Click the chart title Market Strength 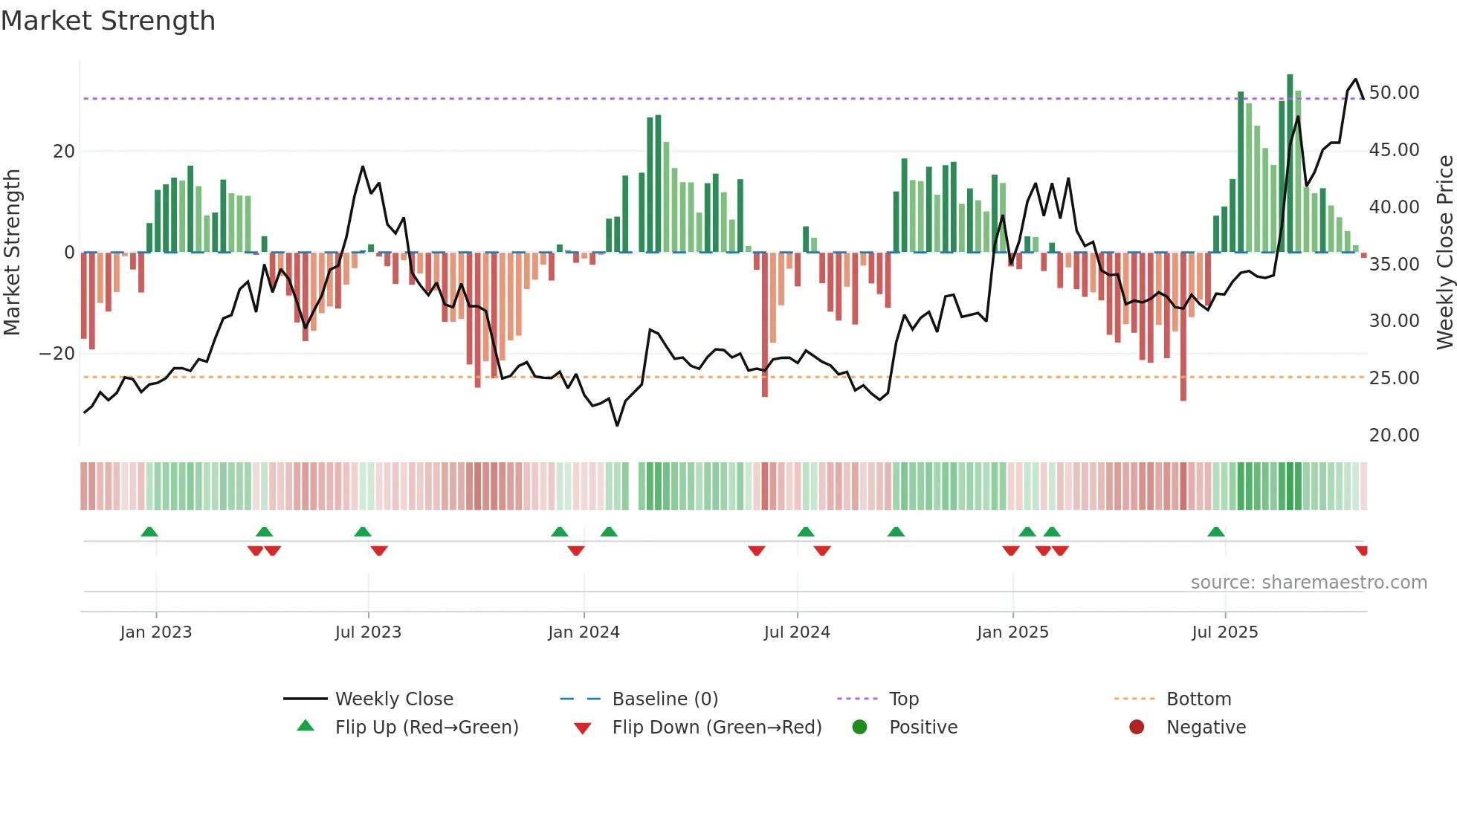pos(108,21)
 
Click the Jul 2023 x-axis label pos(368,632)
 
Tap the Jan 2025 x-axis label pos(1012,632)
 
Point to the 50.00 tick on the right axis pos(1394,93)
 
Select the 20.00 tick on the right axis pos(1394,436)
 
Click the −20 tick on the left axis pos(57,354)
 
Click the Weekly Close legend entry pos(393,699)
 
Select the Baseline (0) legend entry pos(665,699)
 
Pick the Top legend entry pos(903,699)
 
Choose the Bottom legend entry pos(1198,699)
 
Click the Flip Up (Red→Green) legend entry pos(426,728)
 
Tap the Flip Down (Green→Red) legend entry pos(717,728)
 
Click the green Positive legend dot pos(860,728)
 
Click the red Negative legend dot pos(1137,728)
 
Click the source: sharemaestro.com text pos(1308,583)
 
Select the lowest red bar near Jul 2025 pos(1183,327)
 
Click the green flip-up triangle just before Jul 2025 pos(1216,532)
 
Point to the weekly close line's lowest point pos(617,425)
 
